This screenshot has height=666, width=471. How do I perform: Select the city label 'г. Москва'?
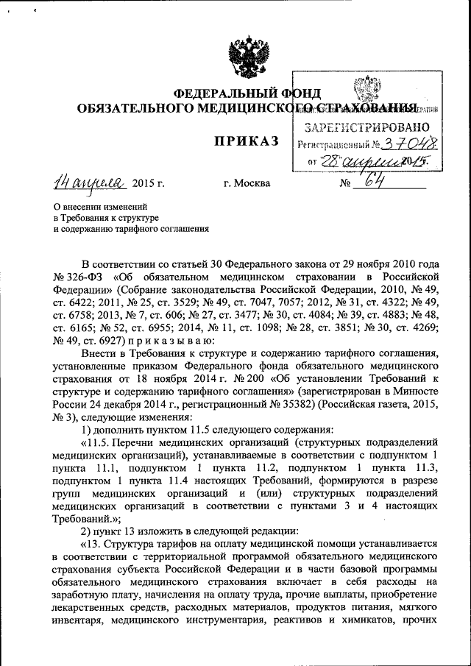click(x=247, y=183)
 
